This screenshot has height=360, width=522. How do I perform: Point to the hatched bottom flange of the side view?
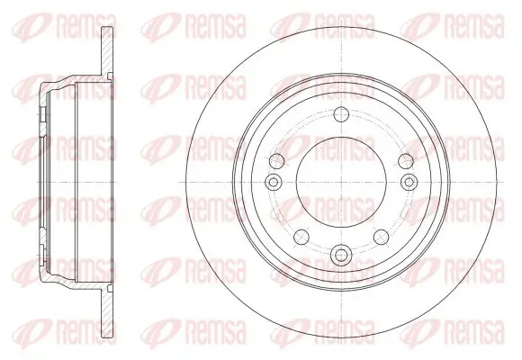(x=107, y=310)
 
